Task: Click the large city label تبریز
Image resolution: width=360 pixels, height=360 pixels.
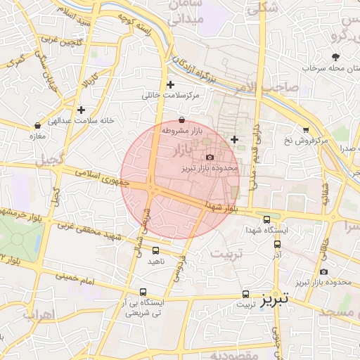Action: tap(271, 299)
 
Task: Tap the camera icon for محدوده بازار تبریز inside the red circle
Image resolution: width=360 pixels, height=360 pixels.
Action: tap(210, 157)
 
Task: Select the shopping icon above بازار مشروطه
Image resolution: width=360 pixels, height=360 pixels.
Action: tap(183, 120)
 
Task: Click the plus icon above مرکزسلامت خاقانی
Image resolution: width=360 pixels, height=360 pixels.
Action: tap(170, 84)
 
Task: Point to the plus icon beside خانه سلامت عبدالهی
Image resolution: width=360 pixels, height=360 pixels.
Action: tap(82, 110)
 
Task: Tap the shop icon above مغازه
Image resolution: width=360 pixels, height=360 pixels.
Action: tap(37, 125)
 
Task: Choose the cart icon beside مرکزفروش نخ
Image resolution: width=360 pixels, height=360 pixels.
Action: tap(306, 129)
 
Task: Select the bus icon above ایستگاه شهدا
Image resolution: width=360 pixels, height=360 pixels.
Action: tap(266, 219)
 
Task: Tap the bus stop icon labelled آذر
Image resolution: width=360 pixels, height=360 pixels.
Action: tap(278, 244)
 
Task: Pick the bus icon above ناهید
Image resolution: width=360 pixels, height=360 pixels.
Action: tap(155, 250)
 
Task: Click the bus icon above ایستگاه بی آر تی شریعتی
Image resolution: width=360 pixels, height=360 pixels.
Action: tap(143, 292)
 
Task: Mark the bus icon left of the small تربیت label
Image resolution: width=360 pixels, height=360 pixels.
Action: tap(245, 294)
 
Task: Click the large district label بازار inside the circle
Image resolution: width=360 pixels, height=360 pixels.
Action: tap(186, 150)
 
